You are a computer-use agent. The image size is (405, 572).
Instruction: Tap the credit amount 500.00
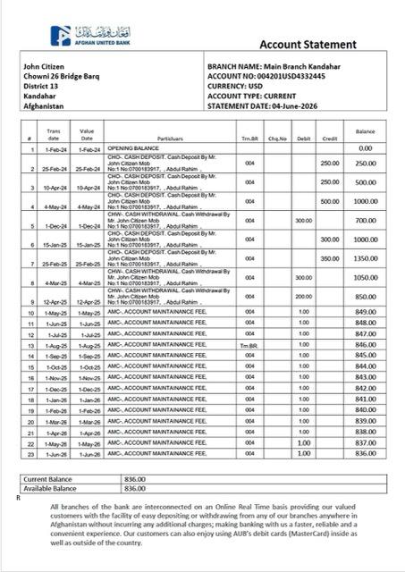[330, 202]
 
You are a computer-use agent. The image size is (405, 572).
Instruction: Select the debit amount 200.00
[303, 296]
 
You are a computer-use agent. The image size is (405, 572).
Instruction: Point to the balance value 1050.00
[365, 277]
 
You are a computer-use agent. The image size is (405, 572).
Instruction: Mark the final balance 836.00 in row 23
[365, 453]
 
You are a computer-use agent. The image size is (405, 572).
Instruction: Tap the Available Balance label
[50, 489]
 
